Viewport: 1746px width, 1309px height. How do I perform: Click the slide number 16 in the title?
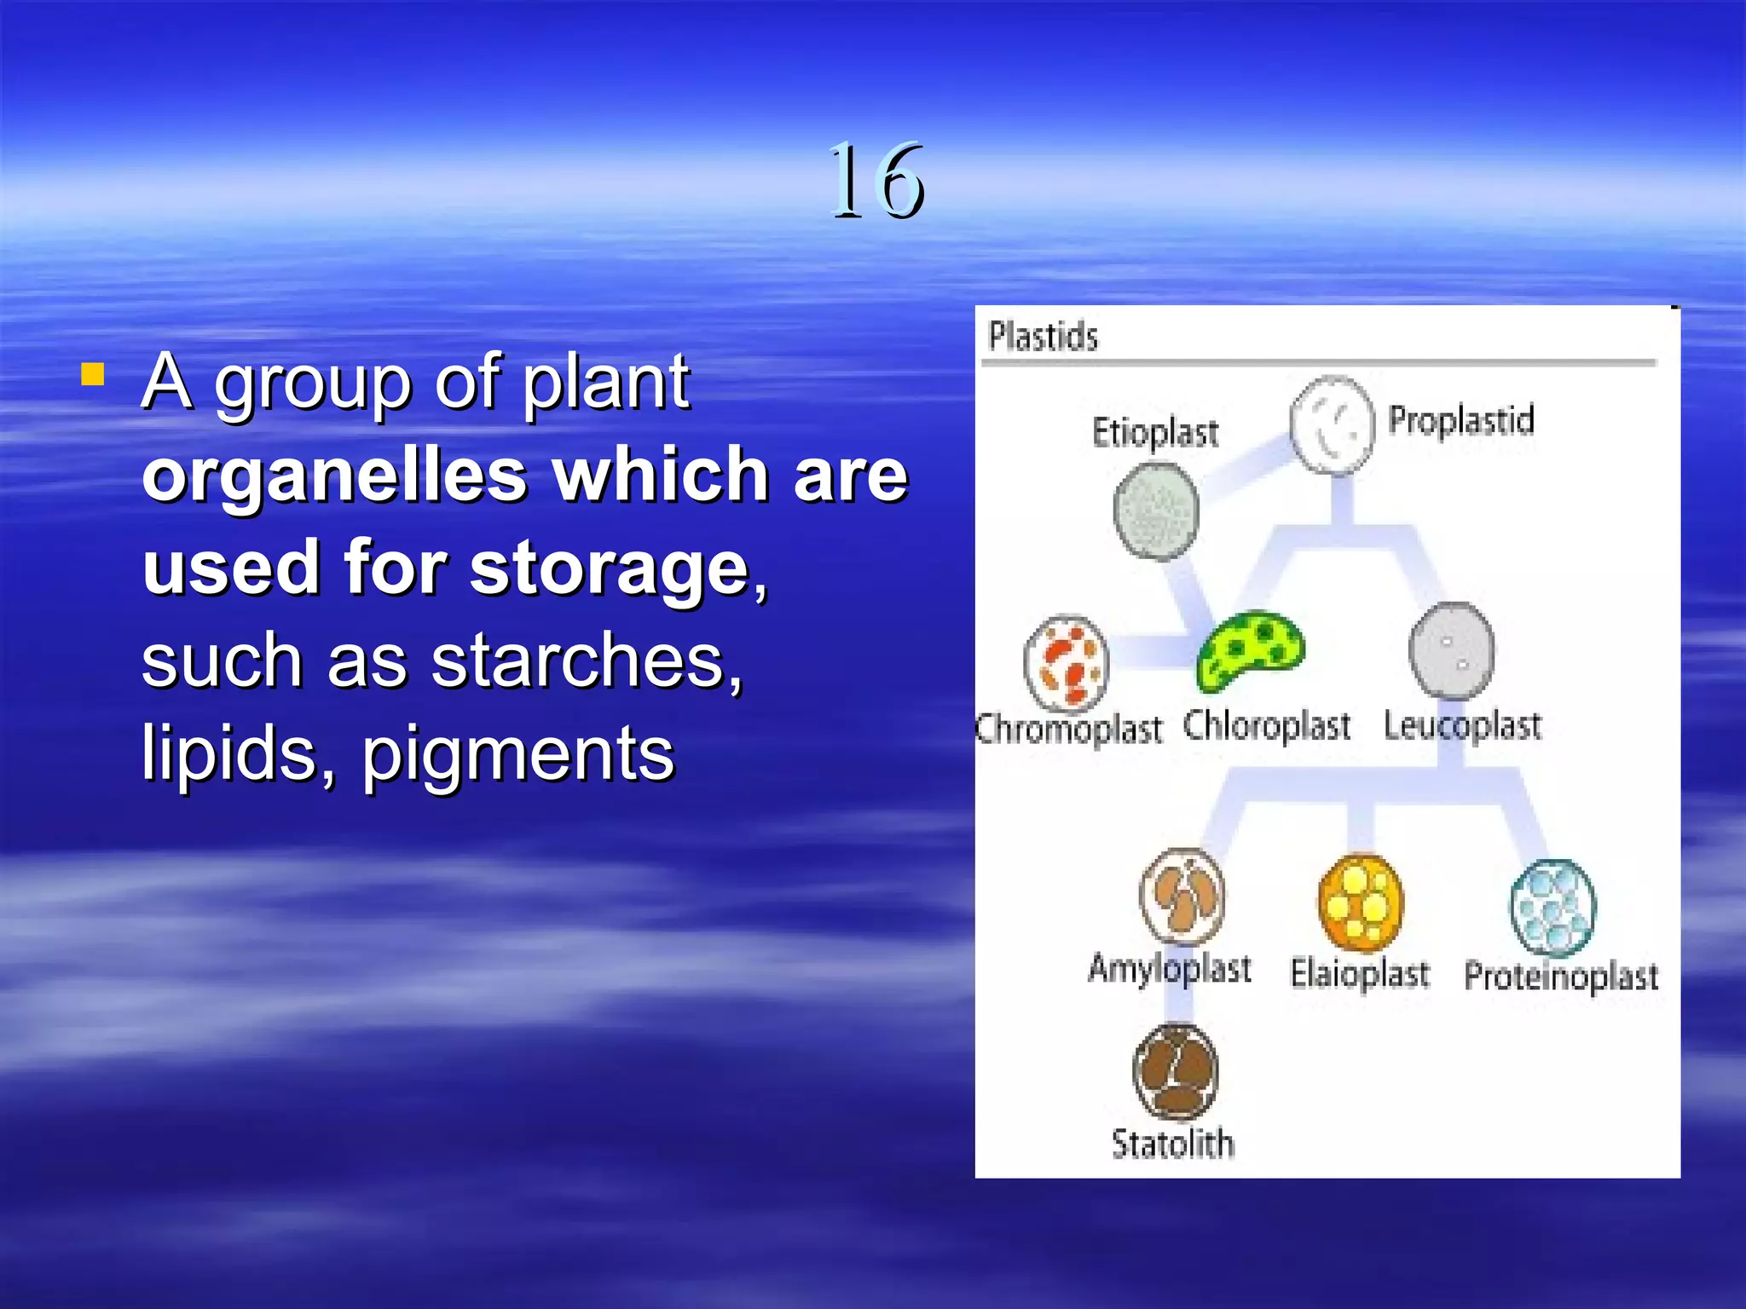pyautogui.click(x=876, y=181)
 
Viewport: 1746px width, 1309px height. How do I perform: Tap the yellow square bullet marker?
pyautogui.click(x=93, y=375)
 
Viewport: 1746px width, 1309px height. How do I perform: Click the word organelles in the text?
pyautogui.click(x=334, y=475)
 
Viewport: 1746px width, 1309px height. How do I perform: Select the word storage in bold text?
pyautogui.click(x=609, y=568)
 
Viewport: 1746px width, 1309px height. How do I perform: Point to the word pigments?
pyautogui.click(x=518, y=754)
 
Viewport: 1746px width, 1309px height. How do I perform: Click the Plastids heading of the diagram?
pyautogui.click(x=1043, y=337)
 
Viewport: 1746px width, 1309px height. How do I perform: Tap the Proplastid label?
pyautogui.click(x=1460, y=421)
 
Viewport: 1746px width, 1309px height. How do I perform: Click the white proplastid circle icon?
pyautogui.click(x=1332, y=424)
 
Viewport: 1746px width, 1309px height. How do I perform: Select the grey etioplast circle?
pyautogui.click(x=1156, y=511)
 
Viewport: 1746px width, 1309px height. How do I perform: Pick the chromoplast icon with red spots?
pyautogui.click(x=1066, y=664)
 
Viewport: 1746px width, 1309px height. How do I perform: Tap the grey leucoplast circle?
pyautogui.click(x=1451, y=651)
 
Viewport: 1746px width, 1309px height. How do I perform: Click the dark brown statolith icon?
pyautogui.click(x=1175, y=1072)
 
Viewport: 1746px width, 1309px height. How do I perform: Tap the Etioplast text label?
pyautogui.click(x=1154, y=433)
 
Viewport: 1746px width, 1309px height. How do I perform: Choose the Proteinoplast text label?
pyautogui.click(x=1561, y=977)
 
